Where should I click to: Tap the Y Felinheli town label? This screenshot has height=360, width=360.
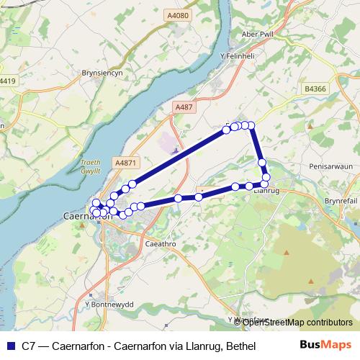tap(238, 55)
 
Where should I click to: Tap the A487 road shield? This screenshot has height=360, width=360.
tap(184, 107)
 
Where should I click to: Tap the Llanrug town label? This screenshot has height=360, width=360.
tap(266, 191)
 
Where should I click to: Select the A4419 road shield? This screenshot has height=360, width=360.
tap(7, 81)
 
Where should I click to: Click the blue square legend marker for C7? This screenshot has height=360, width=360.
tap(9, 346)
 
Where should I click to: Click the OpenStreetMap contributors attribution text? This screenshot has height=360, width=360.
tap(300, 322)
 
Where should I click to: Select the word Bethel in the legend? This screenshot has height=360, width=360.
tap(240, 346)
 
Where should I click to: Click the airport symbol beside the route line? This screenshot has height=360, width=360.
tap(175, 150)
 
